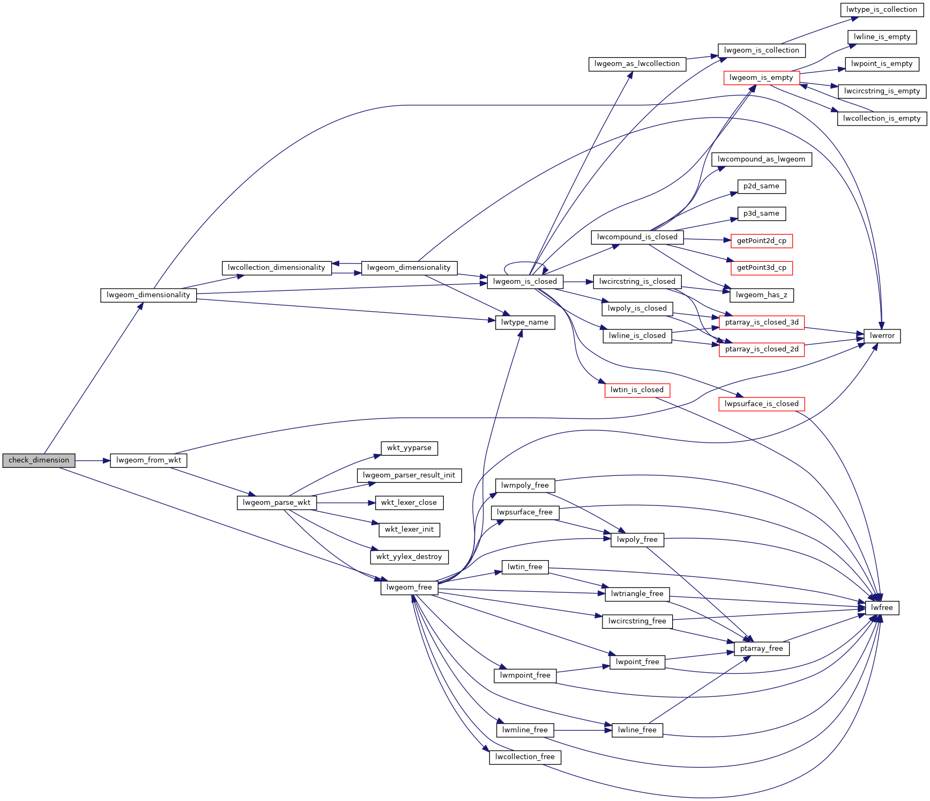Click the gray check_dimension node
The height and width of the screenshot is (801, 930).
pyautogui.click(x=39, y=460)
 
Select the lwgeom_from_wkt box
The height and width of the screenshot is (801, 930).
pyautogui.click(x=148, y=460)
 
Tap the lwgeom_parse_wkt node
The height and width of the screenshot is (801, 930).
pyautogui.click(x=277, y=503)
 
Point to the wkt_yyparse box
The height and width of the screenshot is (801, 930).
pyautogui.click(x=409, y=448)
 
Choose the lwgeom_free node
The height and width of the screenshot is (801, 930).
pyautogui.click(x=409, y=587)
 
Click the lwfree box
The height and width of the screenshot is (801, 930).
pyautogui.click(x=882, y=608)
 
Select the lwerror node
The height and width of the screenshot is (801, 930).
pyautogui.click(x=882, y=336)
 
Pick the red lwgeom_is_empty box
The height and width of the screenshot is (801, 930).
pyautogui.click(x=761, y=78)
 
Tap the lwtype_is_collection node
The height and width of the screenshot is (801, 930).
pyautogui.click(x=882, y=10)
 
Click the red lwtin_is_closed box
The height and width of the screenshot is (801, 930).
pyautogui.click(x=637, y=390)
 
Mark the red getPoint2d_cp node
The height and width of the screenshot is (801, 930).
pyautogui.click(x=761, y=241)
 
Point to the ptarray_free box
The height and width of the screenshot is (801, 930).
pyautogui.click(x=761, y=649)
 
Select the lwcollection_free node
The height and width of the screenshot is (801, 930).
pyautogui.click(x=525, y=757)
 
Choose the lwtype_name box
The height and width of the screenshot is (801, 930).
pyautogui.click(x=525, y=322)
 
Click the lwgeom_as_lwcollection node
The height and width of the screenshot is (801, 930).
pyautogui.click(x=637, y=64)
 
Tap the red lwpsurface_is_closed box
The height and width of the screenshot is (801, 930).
pyautogui.click(x=761, y=404)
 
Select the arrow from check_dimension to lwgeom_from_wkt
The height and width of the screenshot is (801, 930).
pyautogui.click(x=92, y=460)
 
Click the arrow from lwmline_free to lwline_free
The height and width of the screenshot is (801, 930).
pyautogui.click(x=583, y=730)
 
